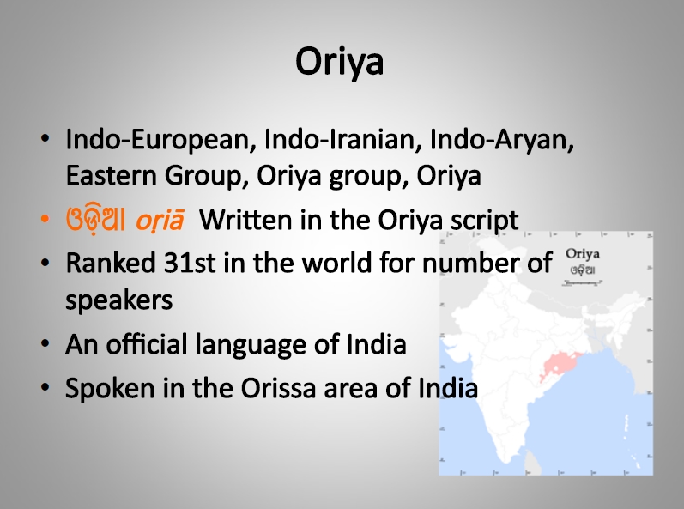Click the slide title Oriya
[x=339, y=62]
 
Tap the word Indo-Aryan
[x=502, y=141]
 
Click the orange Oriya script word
[x=95, y=220]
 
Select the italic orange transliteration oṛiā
[x=160, y=221]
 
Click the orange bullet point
[x=45, y=220]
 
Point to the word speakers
[x=119, y=300]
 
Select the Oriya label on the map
[x=583, y=254]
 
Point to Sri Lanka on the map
[x=532, y=462]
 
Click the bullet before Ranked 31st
[x=45, y=263]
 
